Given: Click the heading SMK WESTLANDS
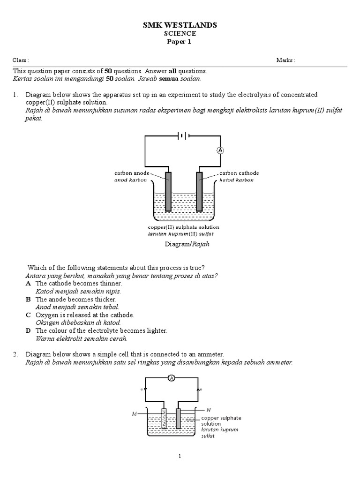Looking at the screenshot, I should [180, 25].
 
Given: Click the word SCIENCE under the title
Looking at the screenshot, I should [180, 34].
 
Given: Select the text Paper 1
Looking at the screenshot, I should [180, 42].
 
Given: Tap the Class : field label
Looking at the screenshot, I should [21, 60].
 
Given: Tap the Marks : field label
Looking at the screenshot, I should [285, 60].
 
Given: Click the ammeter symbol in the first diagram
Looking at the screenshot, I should [220, 150].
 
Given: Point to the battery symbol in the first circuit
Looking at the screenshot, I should [183, 136].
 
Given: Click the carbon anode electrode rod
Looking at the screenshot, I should [168, 192].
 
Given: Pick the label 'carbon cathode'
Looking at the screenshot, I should [239, 173].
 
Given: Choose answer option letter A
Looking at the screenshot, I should [29, 284].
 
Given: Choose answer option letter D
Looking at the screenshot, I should [29, 330].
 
